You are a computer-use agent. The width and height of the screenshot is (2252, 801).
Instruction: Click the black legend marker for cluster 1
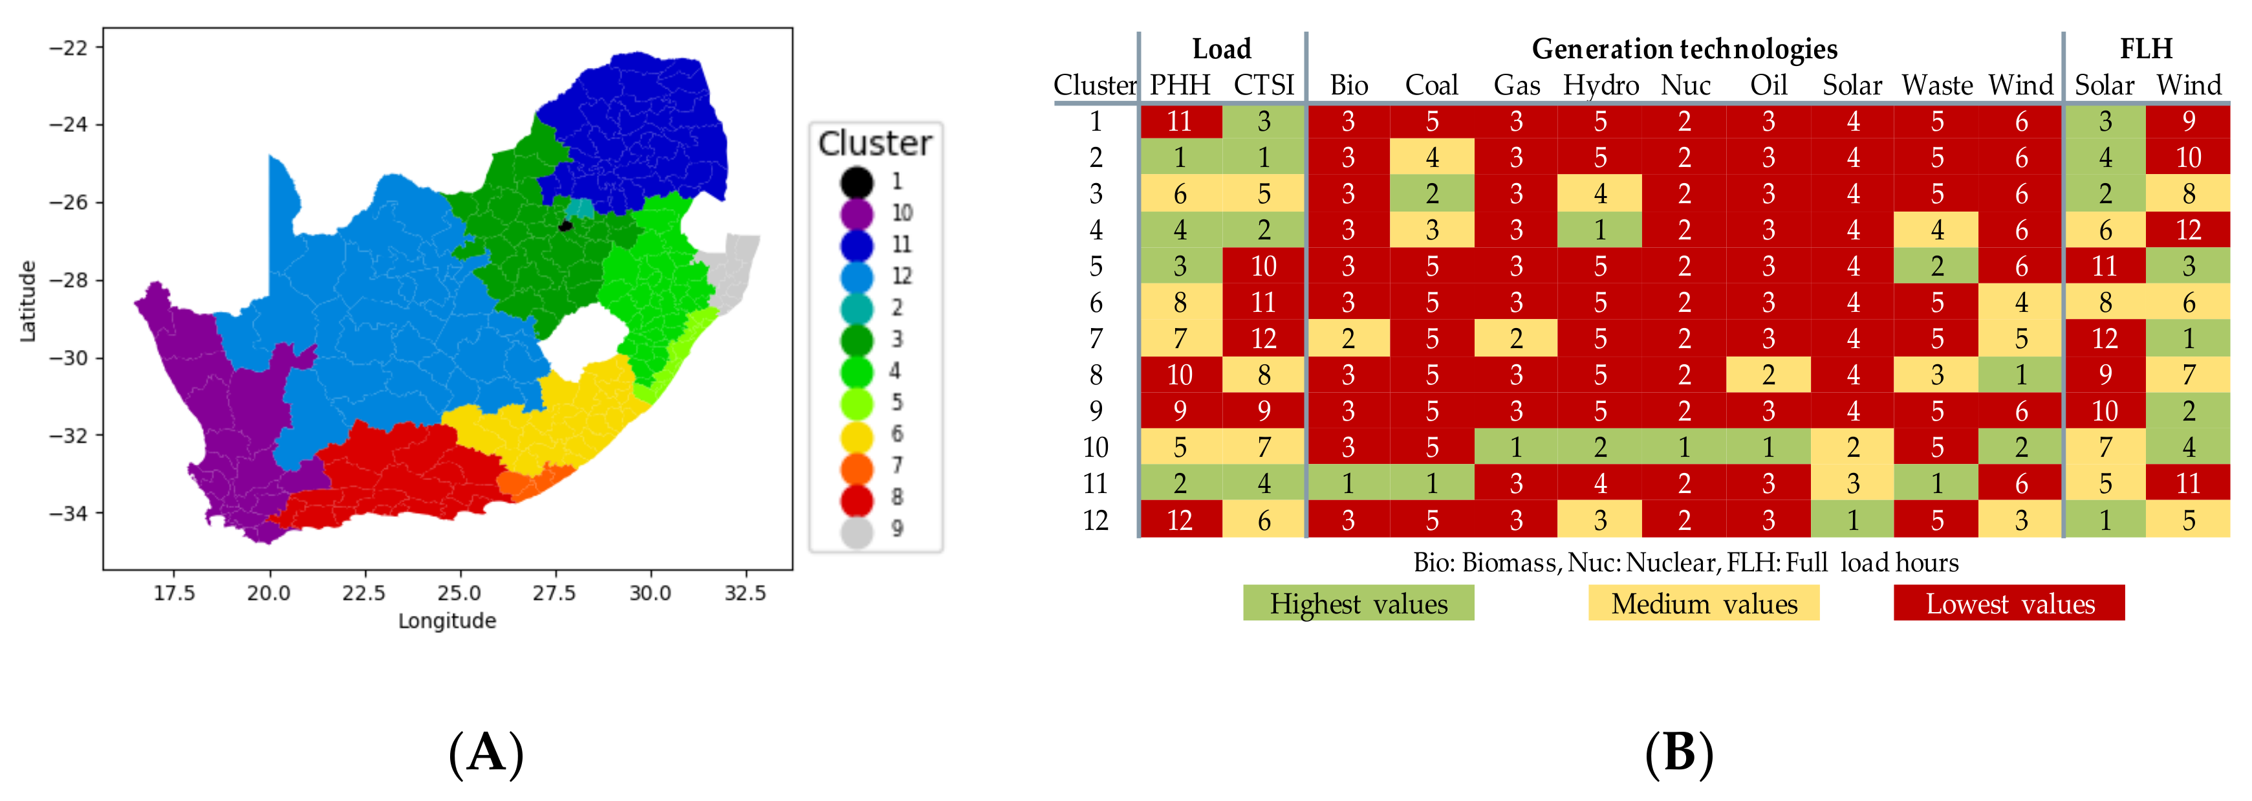tap(857, 182)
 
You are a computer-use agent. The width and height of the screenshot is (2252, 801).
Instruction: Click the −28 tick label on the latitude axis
tap(69, 280)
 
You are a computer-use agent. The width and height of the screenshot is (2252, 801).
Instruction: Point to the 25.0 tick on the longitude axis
tap(459, 593)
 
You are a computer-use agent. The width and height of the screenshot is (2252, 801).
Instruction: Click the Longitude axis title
tap(447, 621)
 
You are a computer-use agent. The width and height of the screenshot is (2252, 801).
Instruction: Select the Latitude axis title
tap(28, 301)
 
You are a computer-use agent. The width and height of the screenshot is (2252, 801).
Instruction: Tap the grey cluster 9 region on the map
tap(731, 267)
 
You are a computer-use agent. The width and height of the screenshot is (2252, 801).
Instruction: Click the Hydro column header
tap(1600, 85)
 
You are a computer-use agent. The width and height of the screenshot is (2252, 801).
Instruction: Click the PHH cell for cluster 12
tap(1179, 520)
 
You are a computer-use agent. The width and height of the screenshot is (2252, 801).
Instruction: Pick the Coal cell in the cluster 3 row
tap(1431, 193)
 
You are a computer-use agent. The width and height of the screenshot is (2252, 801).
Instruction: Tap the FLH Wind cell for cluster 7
tap(2187, 338)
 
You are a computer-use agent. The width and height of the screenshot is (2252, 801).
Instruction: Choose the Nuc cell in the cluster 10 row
tap(1684, 448)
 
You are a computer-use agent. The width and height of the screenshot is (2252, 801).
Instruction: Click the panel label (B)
tap(1678, 752)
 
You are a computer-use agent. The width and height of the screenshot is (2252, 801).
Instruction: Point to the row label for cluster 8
tap(1096, 375)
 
